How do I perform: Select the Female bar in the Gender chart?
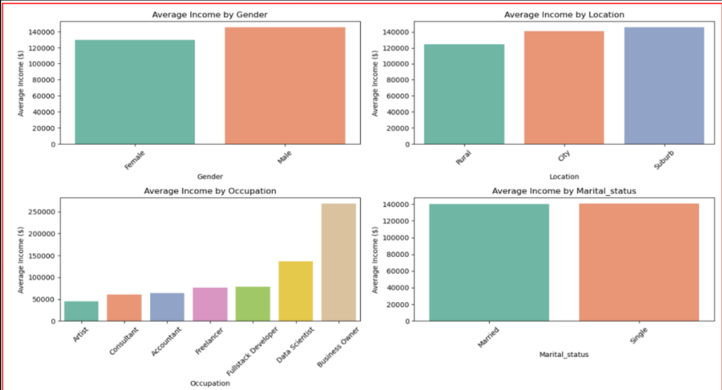click(x=135, y=92)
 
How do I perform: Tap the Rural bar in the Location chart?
click(x=464, y=94)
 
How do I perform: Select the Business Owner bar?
click(x=338, y=262)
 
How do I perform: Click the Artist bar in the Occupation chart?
click(x=81, y=311)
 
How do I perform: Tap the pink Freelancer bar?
click(x=210, y=304)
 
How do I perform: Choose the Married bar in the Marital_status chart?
click(x=489, y=263)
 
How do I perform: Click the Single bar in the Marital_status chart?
click(x=639, y=262)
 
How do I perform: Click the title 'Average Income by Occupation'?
click(x=210, y=191)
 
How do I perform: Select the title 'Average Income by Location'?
click(x=564, y=15)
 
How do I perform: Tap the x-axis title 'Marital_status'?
click(x=564, y=354)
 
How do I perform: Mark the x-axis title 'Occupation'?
click(x=210, y=383)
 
